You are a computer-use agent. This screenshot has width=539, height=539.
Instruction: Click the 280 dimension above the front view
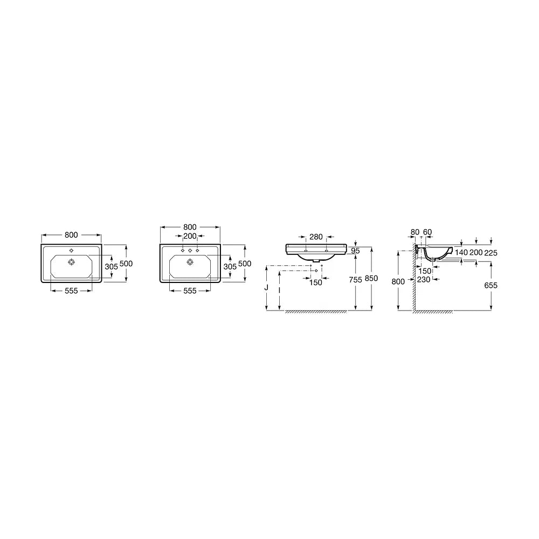316,237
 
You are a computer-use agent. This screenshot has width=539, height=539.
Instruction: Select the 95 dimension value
355,251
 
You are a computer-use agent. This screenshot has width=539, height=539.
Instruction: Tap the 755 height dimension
355,280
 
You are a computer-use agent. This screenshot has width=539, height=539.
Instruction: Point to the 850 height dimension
371,279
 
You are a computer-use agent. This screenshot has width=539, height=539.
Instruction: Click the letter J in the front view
266,288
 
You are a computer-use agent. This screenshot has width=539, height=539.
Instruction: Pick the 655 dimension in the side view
491,285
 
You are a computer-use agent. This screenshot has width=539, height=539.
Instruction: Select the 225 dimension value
491,253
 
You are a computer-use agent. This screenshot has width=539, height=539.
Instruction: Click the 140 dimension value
461,252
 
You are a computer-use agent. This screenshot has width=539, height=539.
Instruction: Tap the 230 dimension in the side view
424,279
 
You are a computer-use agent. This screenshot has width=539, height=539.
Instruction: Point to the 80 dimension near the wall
415,232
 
